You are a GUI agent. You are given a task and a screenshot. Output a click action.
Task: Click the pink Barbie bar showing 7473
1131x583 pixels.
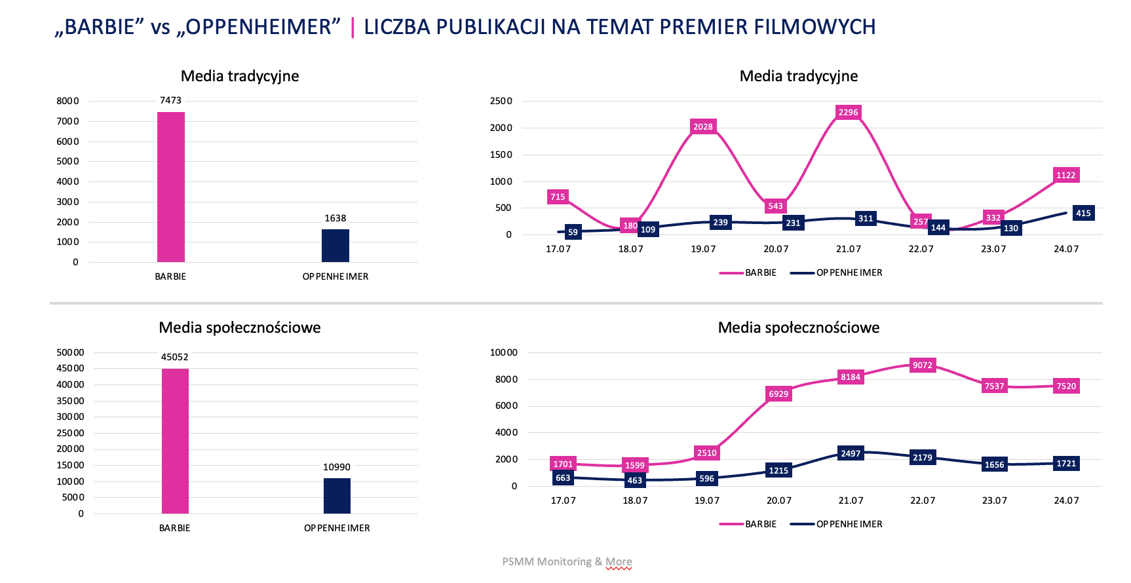171,187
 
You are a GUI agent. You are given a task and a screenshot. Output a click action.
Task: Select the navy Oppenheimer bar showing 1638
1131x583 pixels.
335,246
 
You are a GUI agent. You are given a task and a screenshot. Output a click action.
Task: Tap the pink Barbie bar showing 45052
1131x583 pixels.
175,441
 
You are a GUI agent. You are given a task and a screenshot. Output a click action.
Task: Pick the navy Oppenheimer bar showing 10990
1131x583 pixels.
337,496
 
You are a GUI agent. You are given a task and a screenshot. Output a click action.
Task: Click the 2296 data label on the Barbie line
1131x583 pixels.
848,113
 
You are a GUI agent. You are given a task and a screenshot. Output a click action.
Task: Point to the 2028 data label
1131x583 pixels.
703,127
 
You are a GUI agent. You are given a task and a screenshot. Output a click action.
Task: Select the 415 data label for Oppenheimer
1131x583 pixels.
1083,214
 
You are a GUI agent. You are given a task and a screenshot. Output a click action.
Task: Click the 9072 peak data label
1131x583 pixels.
922,366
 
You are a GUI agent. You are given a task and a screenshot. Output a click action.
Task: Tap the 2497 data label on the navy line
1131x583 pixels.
851,454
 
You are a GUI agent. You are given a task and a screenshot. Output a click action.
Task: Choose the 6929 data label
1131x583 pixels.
778,394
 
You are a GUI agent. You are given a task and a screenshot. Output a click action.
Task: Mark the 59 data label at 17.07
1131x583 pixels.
573,233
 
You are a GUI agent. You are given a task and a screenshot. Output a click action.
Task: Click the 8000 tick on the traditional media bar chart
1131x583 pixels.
67,101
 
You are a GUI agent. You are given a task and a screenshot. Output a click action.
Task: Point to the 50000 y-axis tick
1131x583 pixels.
70,352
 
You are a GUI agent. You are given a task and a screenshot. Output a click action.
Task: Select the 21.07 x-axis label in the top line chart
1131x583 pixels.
848,250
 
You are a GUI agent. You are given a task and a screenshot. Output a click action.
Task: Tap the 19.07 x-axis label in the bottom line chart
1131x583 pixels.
706,501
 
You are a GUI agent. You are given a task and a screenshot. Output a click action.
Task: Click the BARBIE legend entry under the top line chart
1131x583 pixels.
760,273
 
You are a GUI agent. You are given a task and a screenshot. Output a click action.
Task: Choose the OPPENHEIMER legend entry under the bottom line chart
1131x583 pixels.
849,525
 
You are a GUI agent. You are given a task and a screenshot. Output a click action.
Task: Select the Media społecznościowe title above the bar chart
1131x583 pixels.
240,328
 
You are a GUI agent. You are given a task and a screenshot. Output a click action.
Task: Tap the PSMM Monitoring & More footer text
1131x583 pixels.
567,562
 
